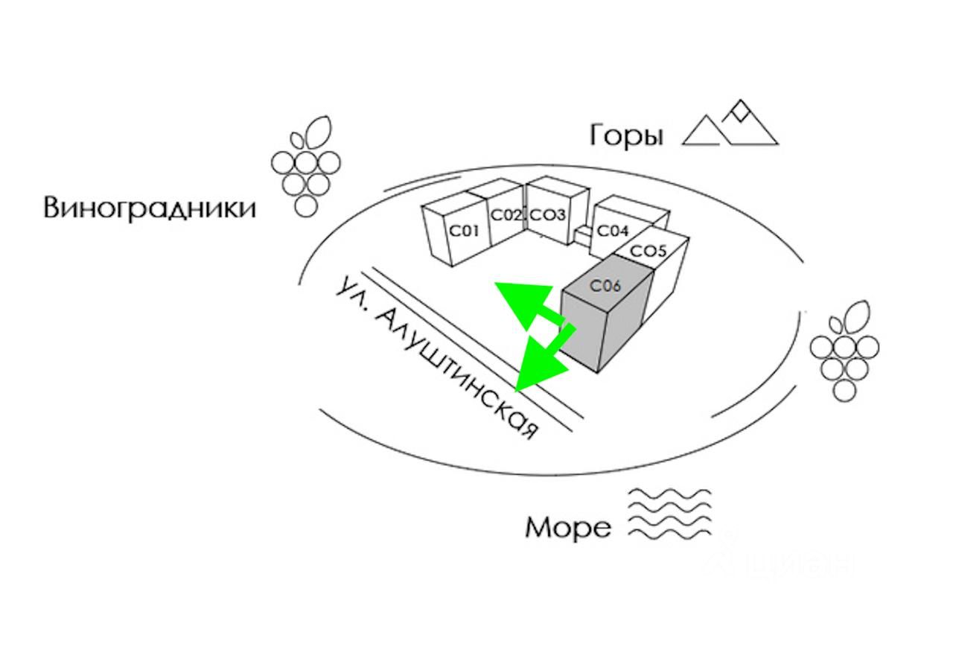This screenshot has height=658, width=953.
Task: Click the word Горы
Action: coord(626,136)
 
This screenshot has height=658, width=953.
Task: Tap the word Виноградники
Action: coord(150,208)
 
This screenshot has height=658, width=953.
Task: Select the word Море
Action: coord(568,528)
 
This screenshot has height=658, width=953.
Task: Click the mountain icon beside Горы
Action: coord(730,124)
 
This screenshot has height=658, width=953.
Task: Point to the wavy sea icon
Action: coord(669,515)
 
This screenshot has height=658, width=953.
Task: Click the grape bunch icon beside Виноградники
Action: coord(306,166)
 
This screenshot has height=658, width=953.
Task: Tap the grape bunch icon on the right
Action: coord(844,351)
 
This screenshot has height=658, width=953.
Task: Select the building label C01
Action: coord(464,231)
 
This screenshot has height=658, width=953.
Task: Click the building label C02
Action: coord(506,215)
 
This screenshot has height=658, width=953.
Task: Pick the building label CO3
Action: coord(549,215)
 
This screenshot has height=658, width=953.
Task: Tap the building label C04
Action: coord(613,231)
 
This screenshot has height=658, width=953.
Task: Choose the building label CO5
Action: coord(648,251)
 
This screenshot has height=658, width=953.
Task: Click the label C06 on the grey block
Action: coord(605,286)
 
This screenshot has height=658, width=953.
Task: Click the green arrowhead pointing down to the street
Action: coord(541,362)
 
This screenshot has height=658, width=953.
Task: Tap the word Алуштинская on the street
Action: coord(457,374)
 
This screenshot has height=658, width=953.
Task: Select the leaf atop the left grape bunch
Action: coord(317,132)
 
